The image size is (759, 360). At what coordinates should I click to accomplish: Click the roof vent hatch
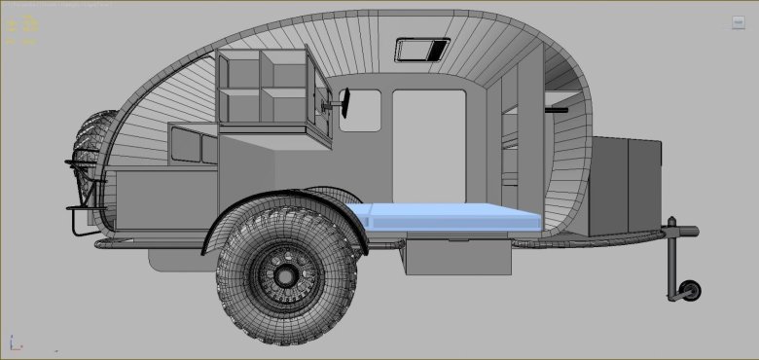click(x=422, y=49)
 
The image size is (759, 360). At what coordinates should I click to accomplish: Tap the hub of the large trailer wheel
click(x=286, y=275)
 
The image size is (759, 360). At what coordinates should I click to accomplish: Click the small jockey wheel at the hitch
click(x=691, y=290)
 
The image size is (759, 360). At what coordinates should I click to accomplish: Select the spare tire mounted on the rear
click(x=92, y=161)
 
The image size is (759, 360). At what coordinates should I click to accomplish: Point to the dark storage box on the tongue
click(x=625, y=185)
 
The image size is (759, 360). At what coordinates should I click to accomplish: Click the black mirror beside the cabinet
click(x=343, y=97)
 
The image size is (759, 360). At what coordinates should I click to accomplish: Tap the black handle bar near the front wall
click(x=556, y=110)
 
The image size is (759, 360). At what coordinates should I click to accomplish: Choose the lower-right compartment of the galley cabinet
click(x=286, y=105)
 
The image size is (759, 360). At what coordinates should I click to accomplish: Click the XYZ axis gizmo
click(x=15, y=343)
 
